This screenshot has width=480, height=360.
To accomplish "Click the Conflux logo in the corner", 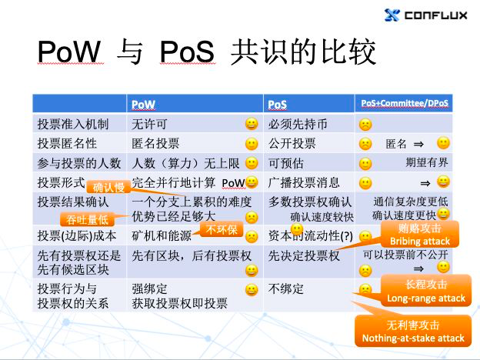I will tap(425, 15).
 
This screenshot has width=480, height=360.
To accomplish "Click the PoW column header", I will tap(144, 104).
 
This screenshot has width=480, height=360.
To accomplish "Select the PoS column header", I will tap(277, 104).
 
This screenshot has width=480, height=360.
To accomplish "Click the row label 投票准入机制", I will tap(74, 123).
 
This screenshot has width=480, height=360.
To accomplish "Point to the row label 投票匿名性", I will tap(68, 143).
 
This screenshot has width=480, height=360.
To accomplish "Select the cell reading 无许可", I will tap(150, 123).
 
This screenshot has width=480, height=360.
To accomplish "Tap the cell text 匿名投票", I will tap(156, 143).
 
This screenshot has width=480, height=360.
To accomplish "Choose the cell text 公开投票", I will tap(292, 143).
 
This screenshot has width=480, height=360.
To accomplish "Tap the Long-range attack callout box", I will tap(425, 292).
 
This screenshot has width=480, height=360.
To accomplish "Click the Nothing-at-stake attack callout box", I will tap(414, 332).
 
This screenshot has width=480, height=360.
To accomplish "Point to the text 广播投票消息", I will tap(304, 182).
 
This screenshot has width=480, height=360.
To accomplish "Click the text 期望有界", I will tap(426, 163).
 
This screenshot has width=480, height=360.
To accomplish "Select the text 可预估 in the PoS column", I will tap(285, 163).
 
